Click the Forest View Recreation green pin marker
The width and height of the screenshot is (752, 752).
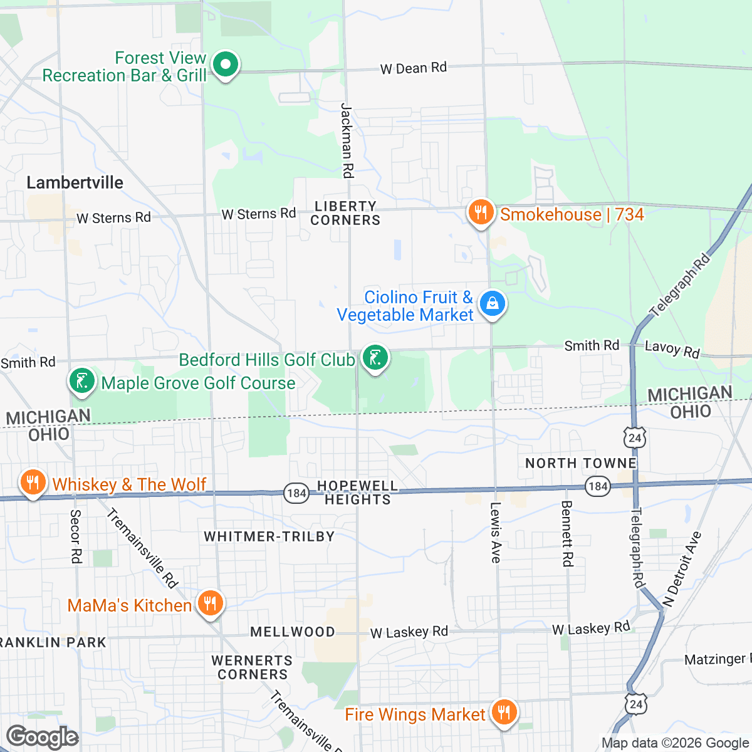tap(225, 65)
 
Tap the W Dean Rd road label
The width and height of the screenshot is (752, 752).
tap(413, 68)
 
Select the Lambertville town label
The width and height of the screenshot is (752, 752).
tap(75, 182)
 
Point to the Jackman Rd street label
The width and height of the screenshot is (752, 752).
tap(347, 141)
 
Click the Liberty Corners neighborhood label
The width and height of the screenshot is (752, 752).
tap(345, 213)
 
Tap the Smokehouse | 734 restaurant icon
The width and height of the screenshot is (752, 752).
tap(480, 213)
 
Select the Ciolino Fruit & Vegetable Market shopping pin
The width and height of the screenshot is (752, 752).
tap(493, 304)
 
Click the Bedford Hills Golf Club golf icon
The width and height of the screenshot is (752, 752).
tap(375, 358)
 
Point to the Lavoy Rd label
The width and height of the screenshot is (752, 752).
tap(672, 349)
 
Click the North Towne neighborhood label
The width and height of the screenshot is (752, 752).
tap(580, 463)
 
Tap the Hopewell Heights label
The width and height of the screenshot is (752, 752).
tap(357, 493)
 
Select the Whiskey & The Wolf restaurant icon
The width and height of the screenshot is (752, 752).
tap(32, 483)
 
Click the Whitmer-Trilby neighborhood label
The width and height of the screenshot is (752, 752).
tap(269, 536)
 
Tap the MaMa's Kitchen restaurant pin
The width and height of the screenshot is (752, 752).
tap(210, 603)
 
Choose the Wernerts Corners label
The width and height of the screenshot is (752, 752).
tap(252, 667)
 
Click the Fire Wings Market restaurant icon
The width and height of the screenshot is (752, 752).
tap(503, 713)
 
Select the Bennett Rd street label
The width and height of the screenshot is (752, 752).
tap(567, 533)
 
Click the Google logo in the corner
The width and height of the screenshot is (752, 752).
tap(42, 738)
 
